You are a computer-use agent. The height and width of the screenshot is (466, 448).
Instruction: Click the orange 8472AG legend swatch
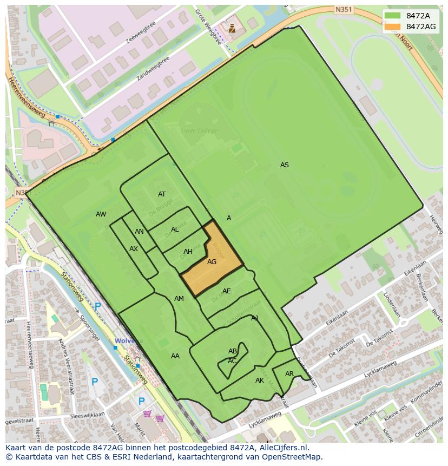coord(393,27)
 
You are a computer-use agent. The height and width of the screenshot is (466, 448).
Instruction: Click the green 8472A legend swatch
coord(393,16)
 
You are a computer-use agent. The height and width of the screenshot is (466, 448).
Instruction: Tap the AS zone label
coord(284,165)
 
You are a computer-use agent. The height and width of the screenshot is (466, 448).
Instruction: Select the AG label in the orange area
coord(212,262)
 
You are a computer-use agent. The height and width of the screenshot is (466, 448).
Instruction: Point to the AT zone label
coord(162,194)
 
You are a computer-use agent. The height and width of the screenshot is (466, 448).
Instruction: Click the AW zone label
coord(101,214)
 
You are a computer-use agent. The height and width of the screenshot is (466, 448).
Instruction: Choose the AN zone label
coord(139,232)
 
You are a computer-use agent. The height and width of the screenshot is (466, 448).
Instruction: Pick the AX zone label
coord(134,249)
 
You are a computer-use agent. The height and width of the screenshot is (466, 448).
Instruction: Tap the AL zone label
coord(175,229)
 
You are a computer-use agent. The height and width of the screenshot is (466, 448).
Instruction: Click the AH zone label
coord(188,252)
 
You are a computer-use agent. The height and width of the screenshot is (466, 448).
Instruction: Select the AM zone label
coord(179,299)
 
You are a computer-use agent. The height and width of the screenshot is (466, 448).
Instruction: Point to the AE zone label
coord(226,291)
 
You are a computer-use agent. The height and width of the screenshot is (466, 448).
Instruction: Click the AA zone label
coord(175,356)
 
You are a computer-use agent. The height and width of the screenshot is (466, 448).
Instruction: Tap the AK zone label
coord(260,380)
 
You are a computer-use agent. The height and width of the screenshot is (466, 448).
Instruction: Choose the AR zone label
coord(289,374)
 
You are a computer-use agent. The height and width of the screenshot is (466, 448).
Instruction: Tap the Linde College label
coord(199,131)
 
